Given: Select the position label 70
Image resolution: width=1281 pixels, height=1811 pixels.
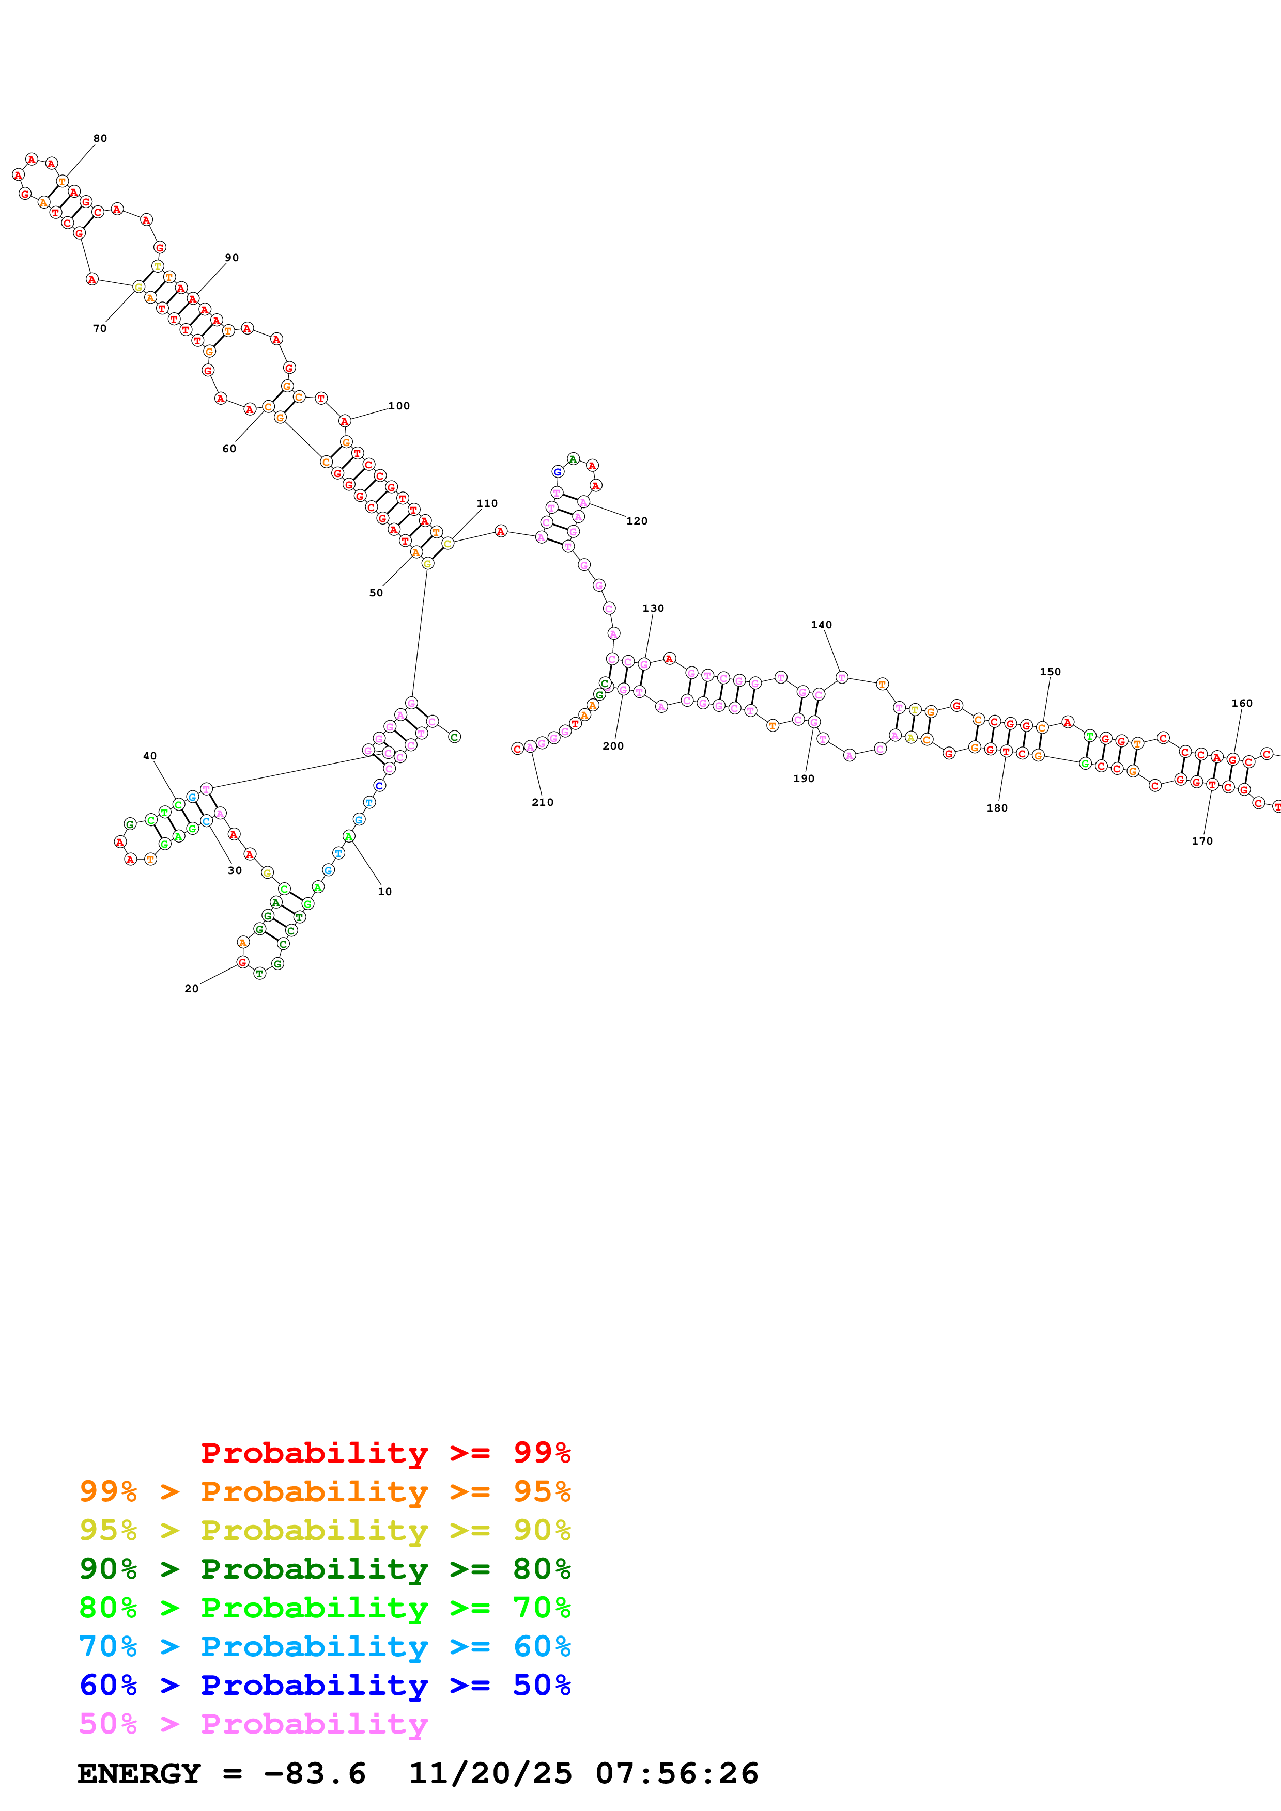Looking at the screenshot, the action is tap(99, 329).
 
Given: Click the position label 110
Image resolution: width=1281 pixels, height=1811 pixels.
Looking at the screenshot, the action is tap(487, 503).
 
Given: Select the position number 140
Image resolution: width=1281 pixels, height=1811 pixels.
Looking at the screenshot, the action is tap(822, 625).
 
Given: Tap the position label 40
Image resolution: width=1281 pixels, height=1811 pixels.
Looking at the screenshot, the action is tap(150, 756).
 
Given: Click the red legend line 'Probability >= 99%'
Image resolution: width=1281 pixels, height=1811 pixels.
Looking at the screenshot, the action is tap(385, 1453).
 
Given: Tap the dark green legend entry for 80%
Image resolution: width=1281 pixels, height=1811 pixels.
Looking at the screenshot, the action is tap(325, 1569).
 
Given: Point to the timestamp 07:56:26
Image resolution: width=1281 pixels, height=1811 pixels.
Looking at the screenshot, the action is tap(676, 1774).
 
